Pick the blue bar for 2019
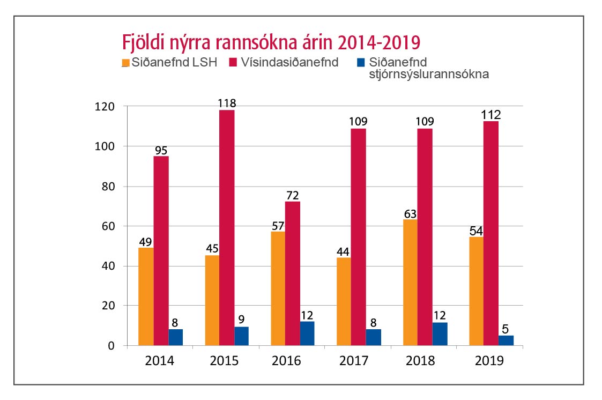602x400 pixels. (506, 340)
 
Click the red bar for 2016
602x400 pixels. (292, 273)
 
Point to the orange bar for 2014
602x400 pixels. (146, 296)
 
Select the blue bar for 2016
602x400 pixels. (307, 334)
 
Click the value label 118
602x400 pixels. (227, 103)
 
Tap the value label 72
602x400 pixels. (292, 195)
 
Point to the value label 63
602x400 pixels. (410, 213)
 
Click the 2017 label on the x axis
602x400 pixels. (354, 361)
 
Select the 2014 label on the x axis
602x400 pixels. (160, 361)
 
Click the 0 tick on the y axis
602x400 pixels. (111, 346)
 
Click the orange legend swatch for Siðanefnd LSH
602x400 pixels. (126, 63)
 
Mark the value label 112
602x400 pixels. (490, 114)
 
